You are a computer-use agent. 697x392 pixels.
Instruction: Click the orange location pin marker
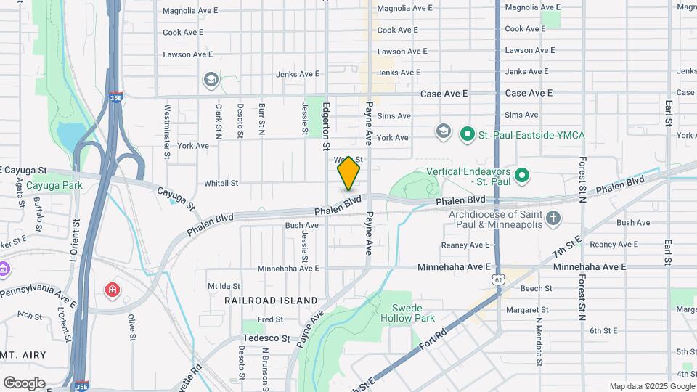coord(349,173)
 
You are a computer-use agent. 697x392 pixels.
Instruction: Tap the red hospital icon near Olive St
coord(113,291)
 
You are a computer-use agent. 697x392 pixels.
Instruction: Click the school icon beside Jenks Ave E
coord(211,79)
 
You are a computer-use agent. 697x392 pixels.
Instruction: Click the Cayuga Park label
coord(54,185)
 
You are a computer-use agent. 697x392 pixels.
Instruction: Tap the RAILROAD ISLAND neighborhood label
coord(271,300)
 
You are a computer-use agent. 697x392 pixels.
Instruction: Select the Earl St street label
coord(667,113)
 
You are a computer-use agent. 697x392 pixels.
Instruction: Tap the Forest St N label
coord(582,177)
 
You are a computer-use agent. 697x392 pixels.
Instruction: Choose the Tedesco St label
coord(266,338)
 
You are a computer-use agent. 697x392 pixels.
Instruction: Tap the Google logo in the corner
coord(24,383)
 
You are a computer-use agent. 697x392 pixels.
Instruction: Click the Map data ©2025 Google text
coord(651,386)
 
